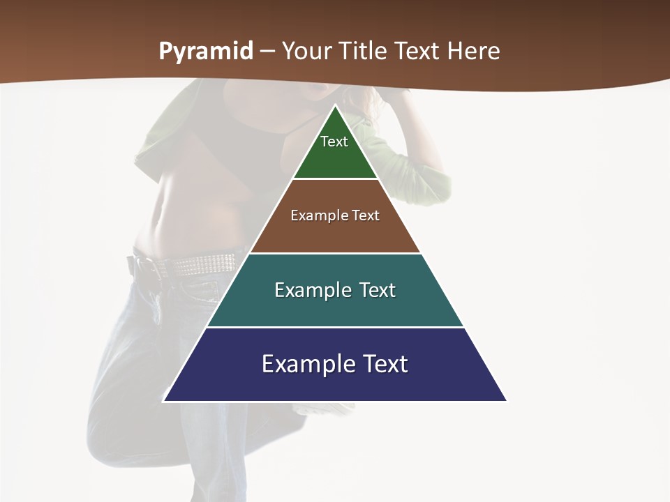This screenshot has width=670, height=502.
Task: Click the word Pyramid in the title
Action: click(x=205, y=52)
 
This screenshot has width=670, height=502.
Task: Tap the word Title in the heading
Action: click(x=366, y=52)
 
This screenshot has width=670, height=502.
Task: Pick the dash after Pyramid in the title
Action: click(x=267, y=52)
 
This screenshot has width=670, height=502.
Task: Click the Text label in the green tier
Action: click(x=334, y=142)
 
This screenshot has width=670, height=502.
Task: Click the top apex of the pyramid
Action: click(x=335, y=107)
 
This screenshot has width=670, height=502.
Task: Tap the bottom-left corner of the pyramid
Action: click(x=165, y=400)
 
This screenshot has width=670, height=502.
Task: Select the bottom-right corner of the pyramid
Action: click(x=505, y=400)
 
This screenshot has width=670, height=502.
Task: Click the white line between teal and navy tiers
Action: click(x=335, y=327)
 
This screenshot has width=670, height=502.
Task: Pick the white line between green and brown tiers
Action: click(x=335, y=179)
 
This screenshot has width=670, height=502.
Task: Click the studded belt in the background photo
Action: click(x=202, y=264)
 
